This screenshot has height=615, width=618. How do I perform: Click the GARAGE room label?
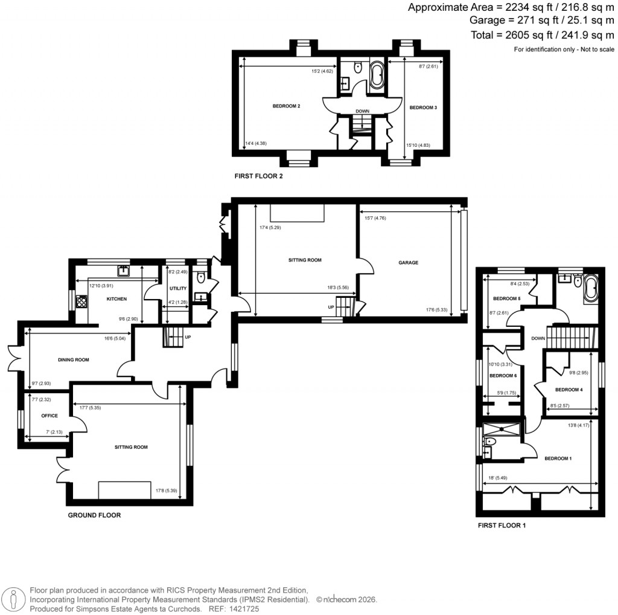[408, 263]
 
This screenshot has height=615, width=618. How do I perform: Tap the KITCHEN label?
[116, 299]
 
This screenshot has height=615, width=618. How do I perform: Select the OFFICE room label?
[49, 416]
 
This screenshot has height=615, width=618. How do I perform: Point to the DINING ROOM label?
[73, 359]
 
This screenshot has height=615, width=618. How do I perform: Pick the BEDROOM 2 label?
[286, 106]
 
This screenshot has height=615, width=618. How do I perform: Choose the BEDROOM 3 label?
[422, 108]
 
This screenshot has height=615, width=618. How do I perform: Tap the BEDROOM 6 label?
[503, 375]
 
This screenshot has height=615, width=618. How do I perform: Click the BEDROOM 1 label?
[558, 459]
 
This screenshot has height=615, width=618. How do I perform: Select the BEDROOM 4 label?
[569, 390]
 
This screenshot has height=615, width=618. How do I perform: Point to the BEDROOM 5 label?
[506, 298]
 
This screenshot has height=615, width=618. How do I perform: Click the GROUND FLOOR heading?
[94, 515]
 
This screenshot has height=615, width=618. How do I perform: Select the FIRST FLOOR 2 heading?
[258, 177]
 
